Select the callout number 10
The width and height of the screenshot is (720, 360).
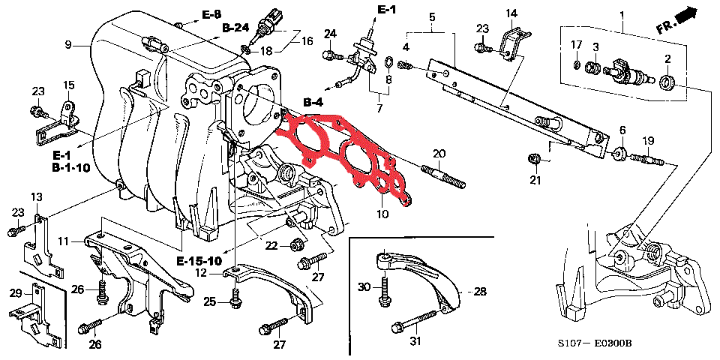[x=382, y=215]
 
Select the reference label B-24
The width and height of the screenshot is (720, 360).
[x=235, y=28]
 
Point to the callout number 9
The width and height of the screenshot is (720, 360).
[x=67, y=45]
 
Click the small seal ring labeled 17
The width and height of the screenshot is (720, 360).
[x=576, y=66]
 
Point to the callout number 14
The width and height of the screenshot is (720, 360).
[x=511, y=13]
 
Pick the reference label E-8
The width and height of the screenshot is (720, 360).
[x=211, y=14]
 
